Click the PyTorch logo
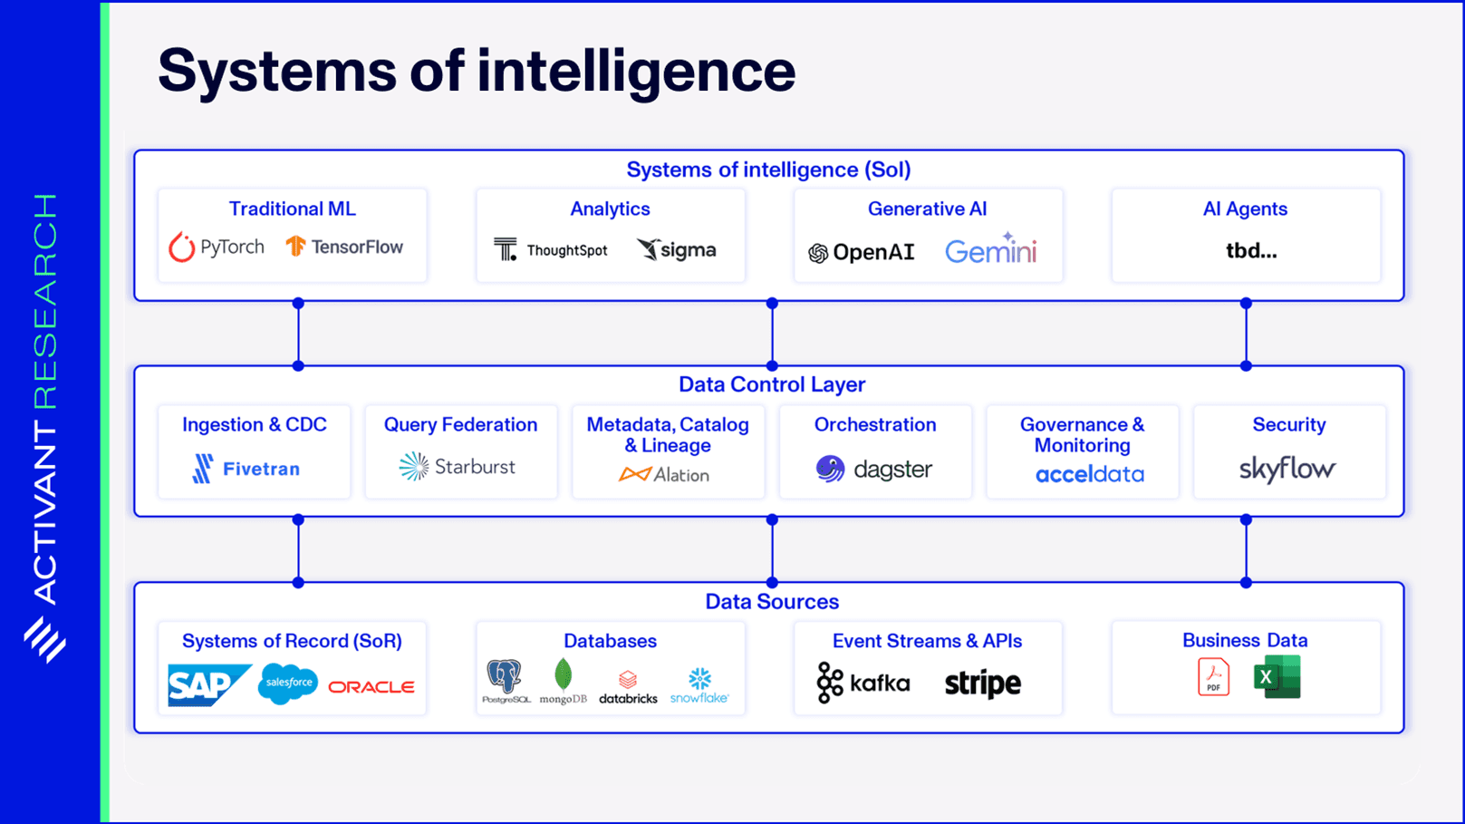coord(217,247)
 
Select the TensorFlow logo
coord(344,247)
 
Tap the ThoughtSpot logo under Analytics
coord(551,249)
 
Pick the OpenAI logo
coord(861,252)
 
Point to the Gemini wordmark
coord(990,250)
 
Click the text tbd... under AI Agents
coord(1251,251)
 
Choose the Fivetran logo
coord(246,469)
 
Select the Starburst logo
coord(458,467)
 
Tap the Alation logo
coord(664,474)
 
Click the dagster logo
coord(873,469)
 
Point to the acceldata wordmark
coord(1089,474)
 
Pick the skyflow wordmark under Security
coord(1287,469)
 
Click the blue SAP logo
coord(207,684)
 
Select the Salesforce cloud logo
coord(288,683)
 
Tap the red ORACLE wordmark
coord(371,687)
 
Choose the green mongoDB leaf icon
coord(564,675)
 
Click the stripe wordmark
coord(982,683)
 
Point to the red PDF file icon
coord(1213,677)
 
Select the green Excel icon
coord(1277,677)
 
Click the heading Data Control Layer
coord(772,384)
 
